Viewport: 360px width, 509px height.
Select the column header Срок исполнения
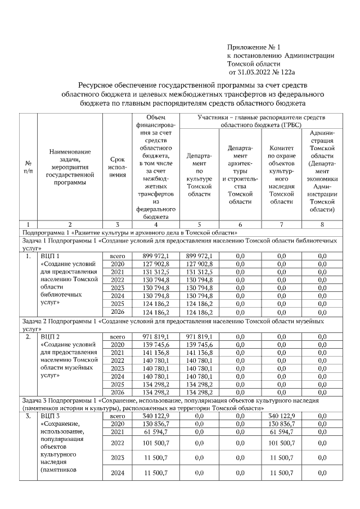pos(117,168)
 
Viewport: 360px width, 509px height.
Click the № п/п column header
pos(28,167)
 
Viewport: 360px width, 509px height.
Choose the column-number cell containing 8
pos(322,224)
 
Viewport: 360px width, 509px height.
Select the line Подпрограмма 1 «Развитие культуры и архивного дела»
pos(130,232)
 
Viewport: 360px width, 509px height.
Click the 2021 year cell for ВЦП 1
pos(117,272)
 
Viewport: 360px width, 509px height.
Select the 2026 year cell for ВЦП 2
pos(117,392)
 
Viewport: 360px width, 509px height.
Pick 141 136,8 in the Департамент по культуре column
pos(199,353)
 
